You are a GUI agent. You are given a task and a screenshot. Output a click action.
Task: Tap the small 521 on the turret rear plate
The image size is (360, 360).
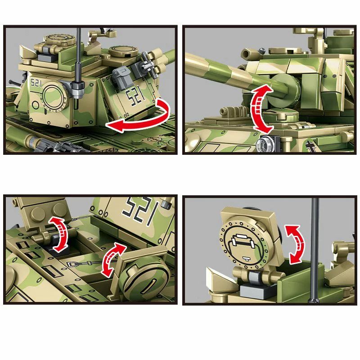click(36, 83)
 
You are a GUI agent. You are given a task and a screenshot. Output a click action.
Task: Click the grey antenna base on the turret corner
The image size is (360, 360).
click(78, 90)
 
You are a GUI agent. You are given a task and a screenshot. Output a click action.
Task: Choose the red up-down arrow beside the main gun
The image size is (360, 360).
click(262, 108)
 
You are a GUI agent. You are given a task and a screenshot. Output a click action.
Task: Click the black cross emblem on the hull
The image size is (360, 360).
click(311, 147)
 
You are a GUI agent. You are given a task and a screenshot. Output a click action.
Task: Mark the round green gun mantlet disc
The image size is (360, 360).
click(283, 91)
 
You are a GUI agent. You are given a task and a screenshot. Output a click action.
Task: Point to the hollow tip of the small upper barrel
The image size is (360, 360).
click(246, 54)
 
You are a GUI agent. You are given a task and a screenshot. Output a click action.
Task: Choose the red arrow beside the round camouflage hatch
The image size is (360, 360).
click(113, 260)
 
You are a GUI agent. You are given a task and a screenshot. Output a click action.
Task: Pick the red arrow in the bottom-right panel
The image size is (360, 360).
click(296, 244)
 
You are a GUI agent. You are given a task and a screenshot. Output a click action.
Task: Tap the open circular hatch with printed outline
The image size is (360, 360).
click(244, 244)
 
